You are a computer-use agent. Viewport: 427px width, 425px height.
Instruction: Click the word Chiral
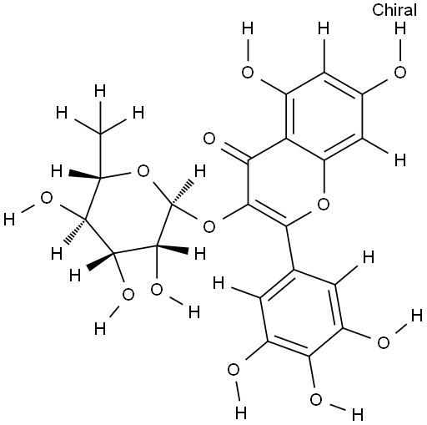(394, 10)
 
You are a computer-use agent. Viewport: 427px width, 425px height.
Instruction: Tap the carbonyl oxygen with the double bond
(209, 139)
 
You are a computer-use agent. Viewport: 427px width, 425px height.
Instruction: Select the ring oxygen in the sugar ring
(143, 171)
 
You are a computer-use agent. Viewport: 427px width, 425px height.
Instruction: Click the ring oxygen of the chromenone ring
(324, 204)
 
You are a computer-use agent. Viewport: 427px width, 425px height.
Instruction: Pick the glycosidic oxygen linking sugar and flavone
(209, 226)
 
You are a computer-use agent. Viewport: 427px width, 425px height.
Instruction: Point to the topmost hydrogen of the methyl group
(100, 91)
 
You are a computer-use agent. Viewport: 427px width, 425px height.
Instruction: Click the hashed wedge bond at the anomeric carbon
(182, 192)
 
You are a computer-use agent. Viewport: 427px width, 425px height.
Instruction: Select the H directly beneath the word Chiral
(400, 28)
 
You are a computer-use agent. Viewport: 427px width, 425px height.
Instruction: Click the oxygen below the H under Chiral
(400, 73)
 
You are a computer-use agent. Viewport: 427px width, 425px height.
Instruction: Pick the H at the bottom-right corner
(358, 415)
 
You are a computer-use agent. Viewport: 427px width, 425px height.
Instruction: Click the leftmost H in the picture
(9, 220)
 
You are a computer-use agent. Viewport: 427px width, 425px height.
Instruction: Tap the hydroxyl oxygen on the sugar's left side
(47, 198)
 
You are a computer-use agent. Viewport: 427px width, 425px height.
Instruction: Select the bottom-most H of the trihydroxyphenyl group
(241, 412)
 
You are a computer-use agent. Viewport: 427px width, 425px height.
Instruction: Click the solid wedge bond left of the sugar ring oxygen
(85, 175)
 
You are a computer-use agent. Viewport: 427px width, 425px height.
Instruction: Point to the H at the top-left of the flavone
(248, 28)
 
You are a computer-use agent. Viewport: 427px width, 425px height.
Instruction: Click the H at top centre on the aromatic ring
(324, 28)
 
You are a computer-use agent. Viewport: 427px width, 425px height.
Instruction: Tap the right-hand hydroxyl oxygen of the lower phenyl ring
(384, 342)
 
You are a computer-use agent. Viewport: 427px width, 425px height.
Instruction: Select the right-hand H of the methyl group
(138, 113)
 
